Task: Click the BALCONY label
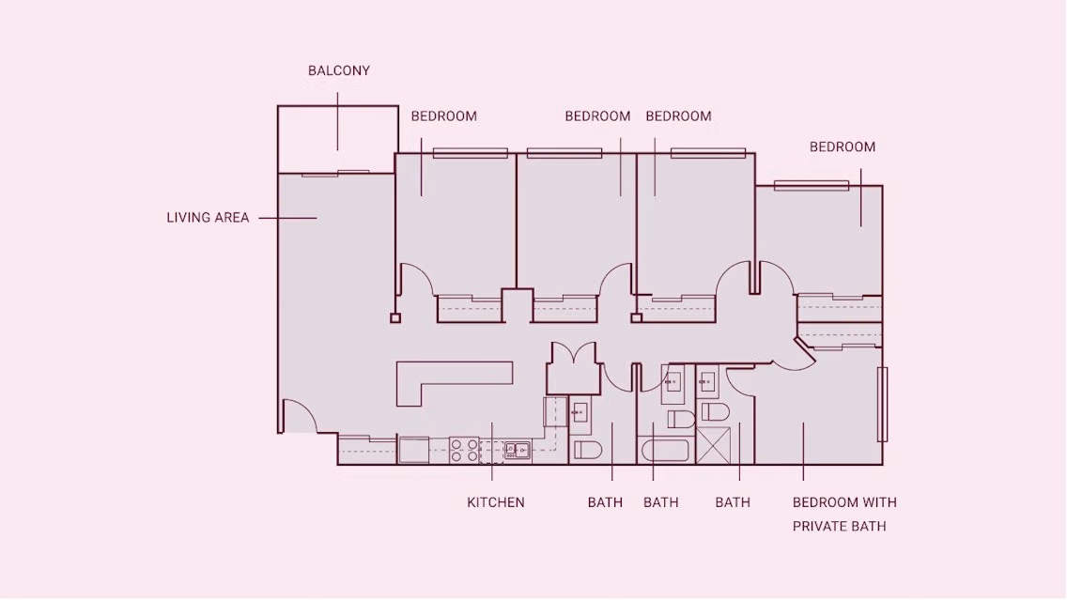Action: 339,70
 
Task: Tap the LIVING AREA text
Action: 208,218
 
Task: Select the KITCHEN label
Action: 496,502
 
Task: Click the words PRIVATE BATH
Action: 839,526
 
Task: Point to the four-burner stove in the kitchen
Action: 463,451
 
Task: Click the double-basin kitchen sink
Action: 517,451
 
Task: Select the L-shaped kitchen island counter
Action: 441,380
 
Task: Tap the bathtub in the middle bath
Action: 667,451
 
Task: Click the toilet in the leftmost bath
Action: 587,450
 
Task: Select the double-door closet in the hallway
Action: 573,367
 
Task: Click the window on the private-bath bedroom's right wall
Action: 882,404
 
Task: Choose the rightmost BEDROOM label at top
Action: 843,146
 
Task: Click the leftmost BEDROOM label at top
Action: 444,116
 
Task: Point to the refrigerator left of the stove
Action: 413,451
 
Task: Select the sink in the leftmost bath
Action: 580,411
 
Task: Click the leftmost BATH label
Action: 605,502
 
